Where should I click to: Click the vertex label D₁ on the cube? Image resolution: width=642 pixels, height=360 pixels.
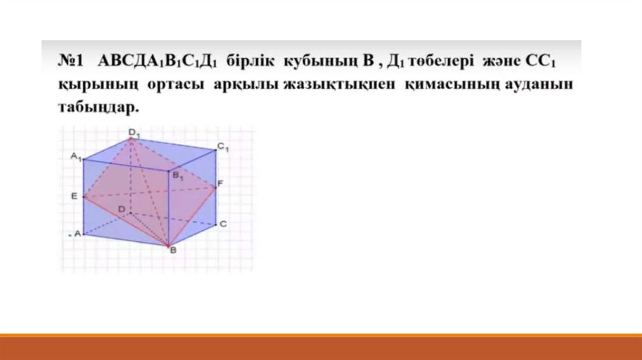pyautogui.click(x=134, y=133)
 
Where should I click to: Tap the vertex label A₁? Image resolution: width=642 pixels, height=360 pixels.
pyautogui.click(x=76, y=156)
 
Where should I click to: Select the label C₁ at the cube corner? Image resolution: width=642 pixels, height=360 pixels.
pyautogui.click(x=223, y=147)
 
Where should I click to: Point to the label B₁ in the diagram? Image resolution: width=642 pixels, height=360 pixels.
pyautogui.click(x=177, y=176)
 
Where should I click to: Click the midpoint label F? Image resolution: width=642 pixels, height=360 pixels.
pyautogui.click(x=220, y=184)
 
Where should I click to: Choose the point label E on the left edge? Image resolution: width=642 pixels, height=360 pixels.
pyautogui.click(x=74, y=196)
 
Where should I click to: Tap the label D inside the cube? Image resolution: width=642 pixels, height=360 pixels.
pyautogui.click(x=122, y=209)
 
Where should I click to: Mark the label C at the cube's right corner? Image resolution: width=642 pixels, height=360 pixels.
pyautogui.click(x=223, y=224)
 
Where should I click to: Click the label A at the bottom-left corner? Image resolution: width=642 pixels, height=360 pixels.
pyautogui.click(x=77, y=234)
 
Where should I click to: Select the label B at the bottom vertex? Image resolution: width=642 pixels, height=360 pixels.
pyautogui.click(x=173, y=250)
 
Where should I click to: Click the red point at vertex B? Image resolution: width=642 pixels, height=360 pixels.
pyautogui.click(x=168, y=246)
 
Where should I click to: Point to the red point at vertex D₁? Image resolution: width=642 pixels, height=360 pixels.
pyautogui.click(x=131, y=139)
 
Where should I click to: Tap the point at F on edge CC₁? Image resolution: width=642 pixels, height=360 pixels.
pyautogui.click(x=216, y=188)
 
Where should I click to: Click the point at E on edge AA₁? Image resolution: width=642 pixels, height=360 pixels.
pyautogui.click(x=83, y=197)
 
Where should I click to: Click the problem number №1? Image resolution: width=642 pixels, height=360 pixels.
pyautogui.click(x=70, y=61)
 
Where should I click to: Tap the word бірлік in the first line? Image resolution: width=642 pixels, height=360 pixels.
pyautogui.click(x=250, y=61)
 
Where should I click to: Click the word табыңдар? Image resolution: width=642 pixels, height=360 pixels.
pyautogui.click(x=98, y=107)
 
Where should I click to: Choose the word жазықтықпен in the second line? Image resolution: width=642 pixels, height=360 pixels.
pyautogui.click(x=339, y=85)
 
